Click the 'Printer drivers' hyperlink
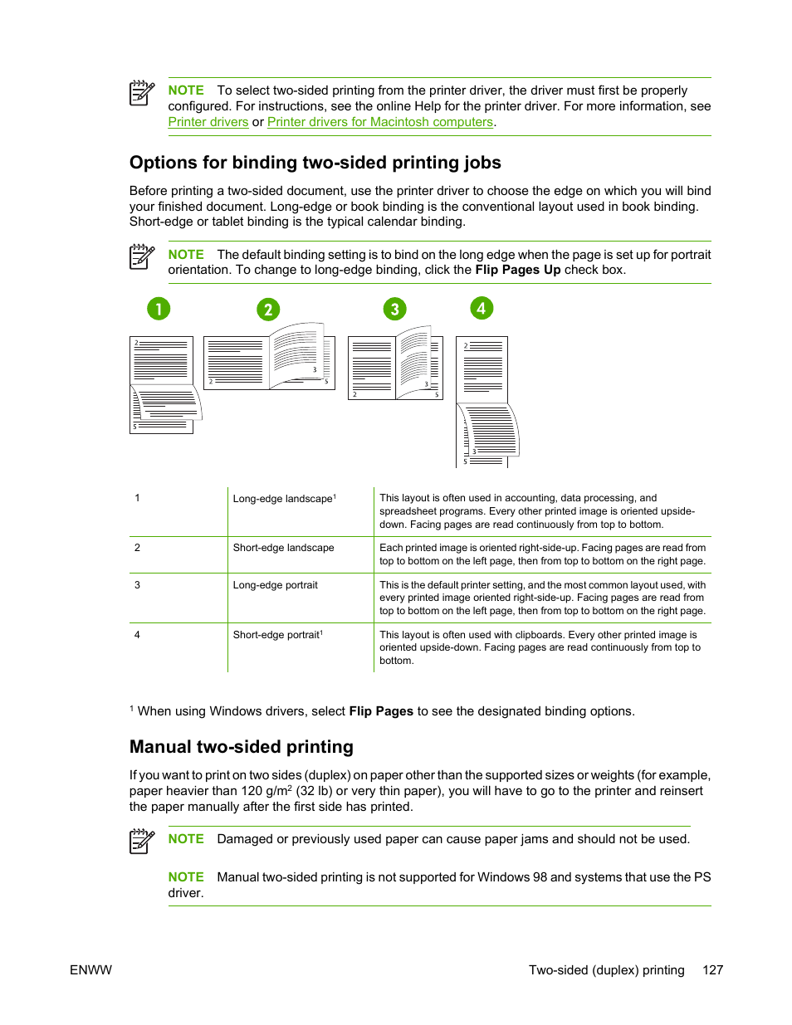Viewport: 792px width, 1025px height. point(208,122)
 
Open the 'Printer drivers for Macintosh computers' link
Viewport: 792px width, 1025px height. point(379,122)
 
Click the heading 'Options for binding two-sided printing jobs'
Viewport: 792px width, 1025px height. point(315,163)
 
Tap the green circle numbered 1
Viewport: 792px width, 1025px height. point(159,309)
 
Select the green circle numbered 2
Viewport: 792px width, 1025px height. point(267,310)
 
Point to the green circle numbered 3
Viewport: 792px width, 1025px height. point(394,310)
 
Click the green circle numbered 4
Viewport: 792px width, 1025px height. point(482,308)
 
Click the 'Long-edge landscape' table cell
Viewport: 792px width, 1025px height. point(283,499)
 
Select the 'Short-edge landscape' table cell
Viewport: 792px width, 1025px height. point(283,548)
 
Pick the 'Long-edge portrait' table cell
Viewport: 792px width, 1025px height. point(275,585)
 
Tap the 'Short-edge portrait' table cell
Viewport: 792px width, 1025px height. point(276,635)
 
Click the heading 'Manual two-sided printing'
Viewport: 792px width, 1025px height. point(241,747)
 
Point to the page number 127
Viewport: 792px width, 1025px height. point(712,970)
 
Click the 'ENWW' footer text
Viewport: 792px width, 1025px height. point(90,970)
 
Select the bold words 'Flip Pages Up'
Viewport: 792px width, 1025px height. point(517,270)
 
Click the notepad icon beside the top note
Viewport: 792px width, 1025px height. point(142,93)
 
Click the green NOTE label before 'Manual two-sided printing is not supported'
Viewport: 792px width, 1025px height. point(185,877)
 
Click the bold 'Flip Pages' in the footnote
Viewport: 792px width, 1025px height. point(381,711)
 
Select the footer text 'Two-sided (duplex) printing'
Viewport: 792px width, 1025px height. point(606,970)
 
